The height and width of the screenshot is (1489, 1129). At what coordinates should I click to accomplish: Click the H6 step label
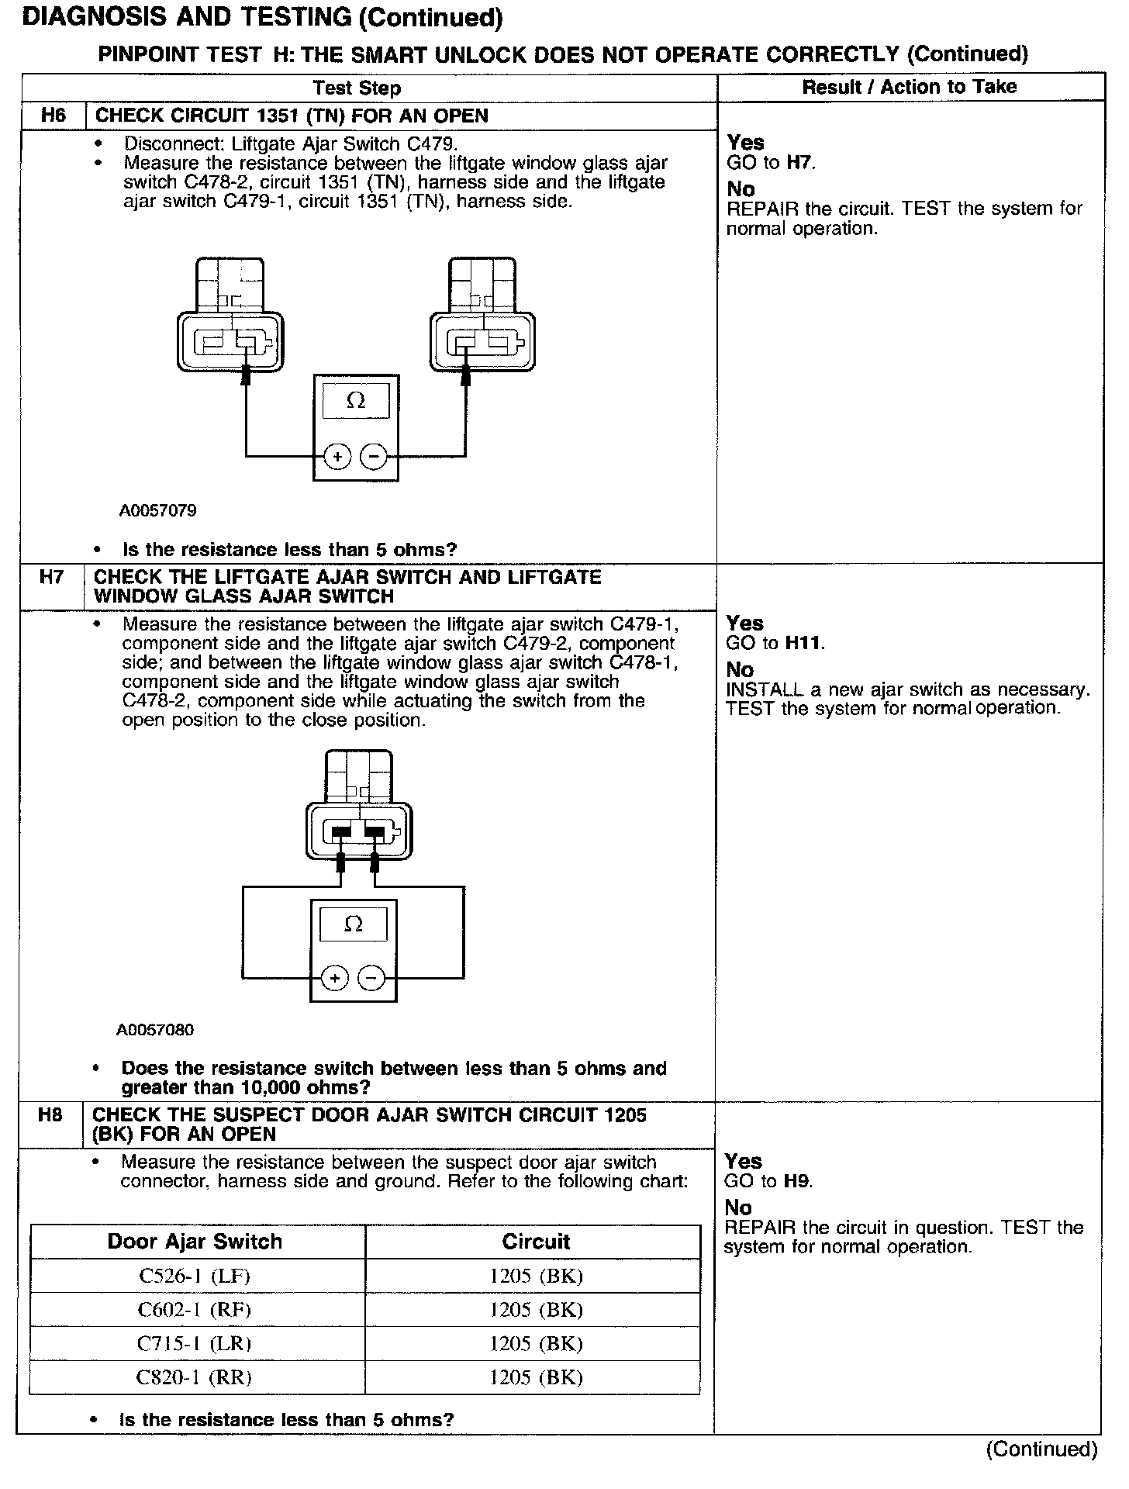click(53, 116)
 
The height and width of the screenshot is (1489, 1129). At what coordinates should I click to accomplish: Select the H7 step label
click(51, 578)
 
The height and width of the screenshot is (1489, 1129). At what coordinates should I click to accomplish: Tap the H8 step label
click(50, 1115)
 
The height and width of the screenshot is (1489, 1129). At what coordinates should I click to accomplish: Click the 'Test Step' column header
click(357, 88)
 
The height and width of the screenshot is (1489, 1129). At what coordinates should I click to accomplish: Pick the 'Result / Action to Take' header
click(909, 87)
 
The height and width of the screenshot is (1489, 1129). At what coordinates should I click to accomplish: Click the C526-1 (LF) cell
click(194, 1276)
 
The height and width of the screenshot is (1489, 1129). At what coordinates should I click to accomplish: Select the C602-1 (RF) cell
click(194, 1310)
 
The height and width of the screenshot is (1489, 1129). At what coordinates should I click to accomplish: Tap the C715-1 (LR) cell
click(194, 1344)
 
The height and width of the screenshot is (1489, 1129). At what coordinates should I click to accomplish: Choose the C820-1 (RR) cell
click(194, 1378)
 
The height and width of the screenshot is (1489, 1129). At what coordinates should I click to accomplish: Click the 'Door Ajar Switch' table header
click(195, 1242)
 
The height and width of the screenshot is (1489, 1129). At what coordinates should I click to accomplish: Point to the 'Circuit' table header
click(536, 1242)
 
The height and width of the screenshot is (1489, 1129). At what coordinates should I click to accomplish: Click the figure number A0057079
click(157, 511)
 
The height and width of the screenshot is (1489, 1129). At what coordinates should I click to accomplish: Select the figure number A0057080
click(155, 1031)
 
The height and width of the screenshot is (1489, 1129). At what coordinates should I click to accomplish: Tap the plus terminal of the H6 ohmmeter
click(337, 457)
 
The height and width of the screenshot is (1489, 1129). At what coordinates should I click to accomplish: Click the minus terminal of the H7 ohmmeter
click(371, 979)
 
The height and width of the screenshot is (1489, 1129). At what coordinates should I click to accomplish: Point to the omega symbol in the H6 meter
click(356, 400)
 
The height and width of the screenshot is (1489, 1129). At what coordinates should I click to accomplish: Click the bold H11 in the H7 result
click(804, 643)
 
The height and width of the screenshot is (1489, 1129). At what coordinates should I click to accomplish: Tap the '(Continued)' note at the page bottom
click(1041, 1449)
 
